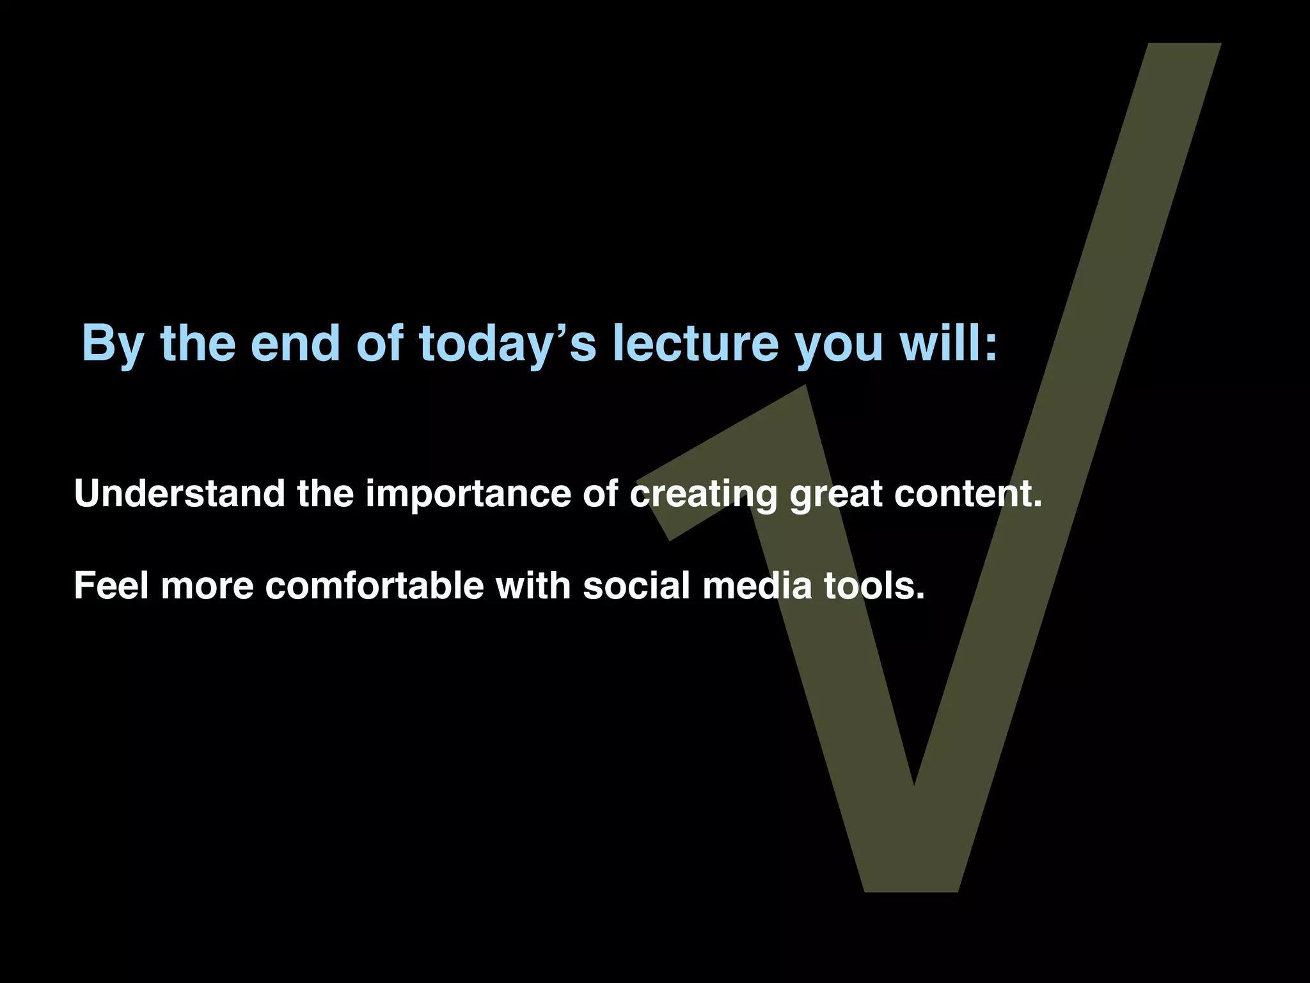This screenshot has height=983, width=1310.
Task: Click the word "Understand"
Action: [x=180, y=494]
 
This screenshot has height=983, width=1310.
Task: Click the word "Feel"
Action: [x=111, y=586]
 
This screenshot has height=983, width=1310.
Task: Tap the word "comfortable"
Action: [x=374, y=586]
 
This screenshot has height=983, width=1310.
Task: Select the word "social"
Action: [x=636, y=586]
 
